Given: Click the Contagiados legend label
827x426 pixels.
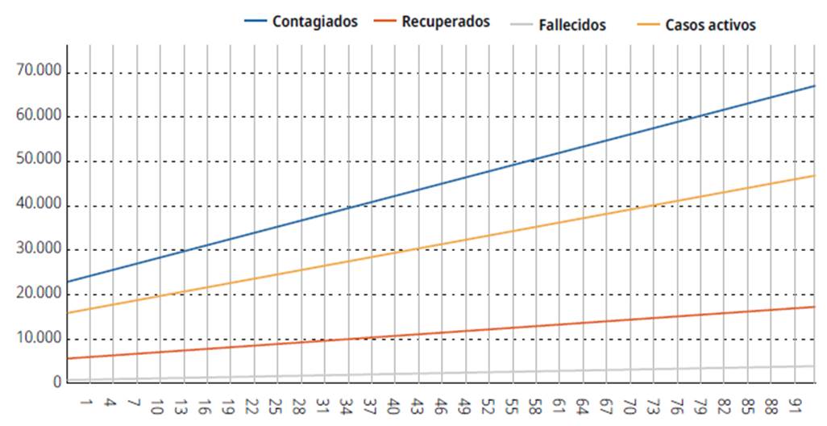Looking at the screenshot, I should pyautogui.click(x=314, y=22).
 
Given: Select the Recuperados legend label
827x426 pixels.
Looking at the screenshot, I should pyautogui.click(x=446, y=22).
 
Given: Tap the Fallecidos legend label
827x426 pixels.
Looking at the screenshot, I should pyautogui.click(x=572, y=25).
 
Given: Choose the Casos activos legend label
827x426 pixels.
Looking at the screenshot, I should pyautogui.click(x=710, y=25).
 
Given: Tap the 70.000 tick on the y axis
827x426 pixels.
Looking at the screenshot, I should pyautogui.click(x=38, y=71).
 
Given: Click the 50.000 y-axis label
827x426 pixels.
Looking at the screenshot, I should pyautogui.click(x=38, y=160).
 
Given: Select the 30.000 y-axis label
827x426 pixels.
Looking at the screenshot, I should pyautogui.click(x=38, y=248).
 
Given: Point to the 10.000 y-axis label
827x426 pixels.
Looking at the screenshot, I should pyautogui.click(x=38, y=337).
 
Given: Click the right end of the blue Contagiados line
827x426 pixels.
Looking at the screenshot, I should pyautogui.click(x=815, y=86).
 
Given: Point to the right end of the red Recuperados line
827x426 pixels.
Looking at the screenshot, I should pyautogui.click(x=815, y=307).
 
